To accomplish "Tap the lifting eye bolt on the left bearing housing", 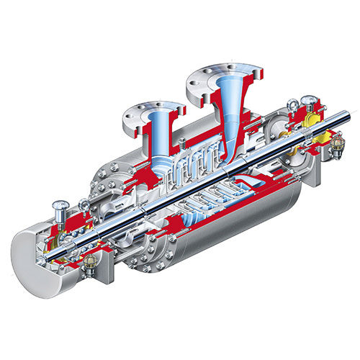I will pos(84,209).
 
